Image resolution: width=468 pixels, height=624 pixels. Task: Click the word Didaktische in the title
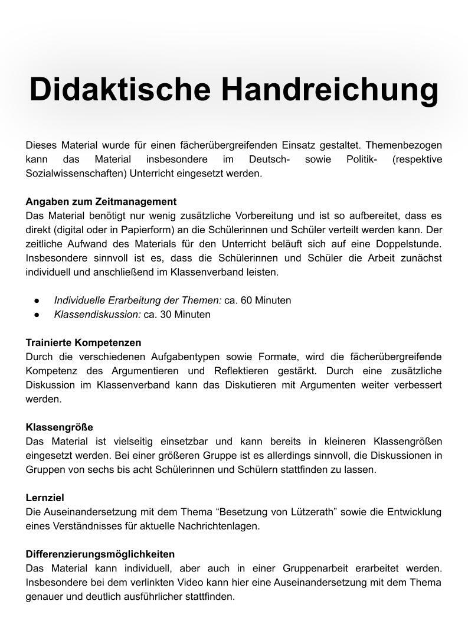[x=120, y=90]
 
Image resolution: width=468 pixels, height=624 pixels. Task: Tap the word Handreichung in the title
[x=330, y=90]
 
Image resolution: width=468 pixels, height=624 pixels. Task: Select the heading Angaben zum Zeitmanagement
[x=101, y=201]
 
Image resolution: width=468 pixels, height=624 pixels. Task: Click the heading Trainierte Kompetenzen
[x=83, y=342]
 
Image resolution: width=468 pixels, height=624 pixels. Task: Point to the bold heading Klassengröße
[x=59, y=427]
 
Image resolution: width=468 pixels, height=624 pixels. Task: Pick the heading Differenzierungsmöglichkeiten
[x=100, y=554]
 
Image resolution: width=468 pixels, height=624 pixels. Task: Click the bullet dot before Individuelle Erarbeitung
[x=37, y=300]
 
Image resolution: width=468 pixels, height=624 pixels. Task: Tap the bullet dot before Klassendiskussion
[x=37, y=315]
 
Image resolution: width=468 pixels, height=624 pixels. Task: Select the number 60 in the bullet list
[x=246, y=300]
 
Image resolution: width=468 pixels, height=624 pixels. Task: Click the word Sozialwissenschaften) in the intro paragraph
[x=76, y=174]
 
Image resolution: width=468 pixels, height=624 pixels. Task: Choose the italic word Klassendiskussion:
[x=97, y=314]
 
